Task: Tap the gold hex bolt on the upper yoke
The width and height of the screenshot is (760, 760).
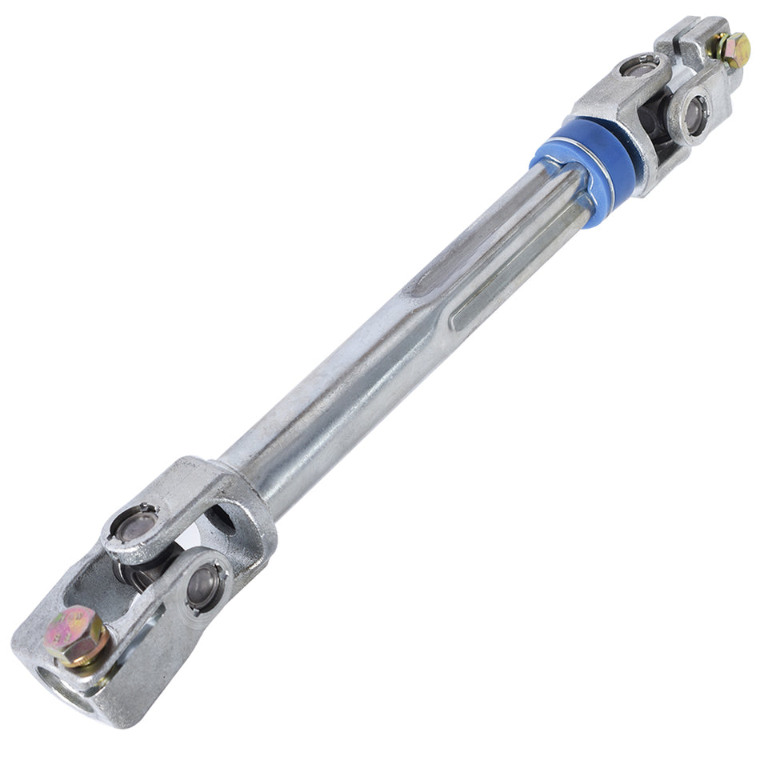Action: [733, 50]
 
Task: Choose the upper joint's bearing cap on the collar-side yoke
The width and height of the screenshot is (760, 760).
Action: [640, 68]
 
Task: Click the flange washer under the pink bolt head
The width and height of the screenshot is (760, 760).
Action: [84, 648]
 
